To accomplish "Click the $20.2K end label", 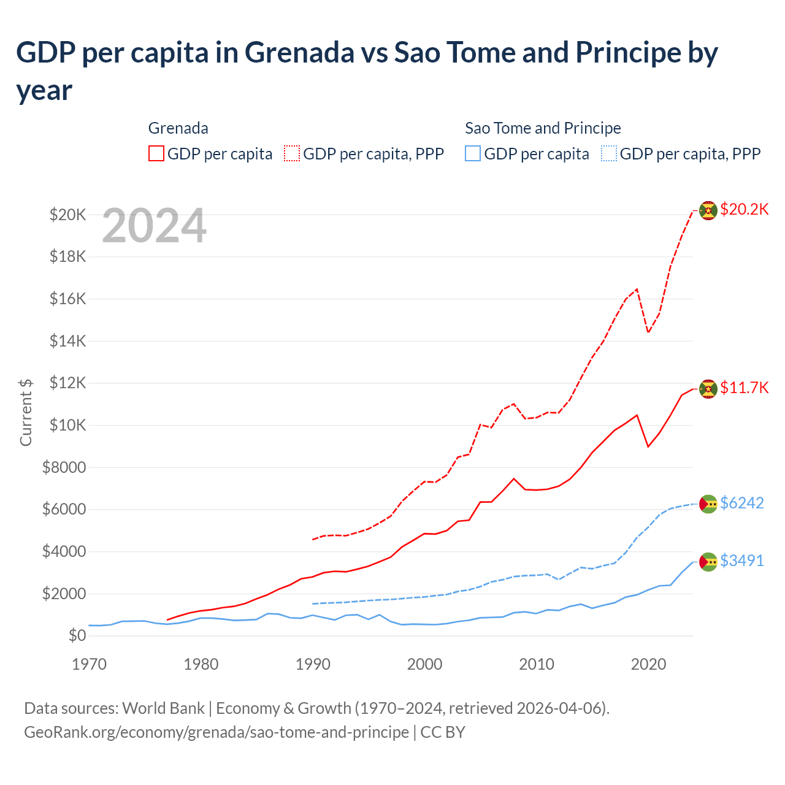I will [x=744, y=209].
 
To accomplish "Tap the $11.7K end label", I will [x=744, y=388].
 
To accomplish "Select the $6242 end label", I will [x=741, y=503].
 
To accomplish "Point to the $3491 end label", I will [x=741, y=561].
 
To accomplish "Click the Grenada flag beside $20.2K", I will [x=708, y=210].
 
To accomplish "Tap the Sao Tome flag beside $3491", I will [x=708, y=561].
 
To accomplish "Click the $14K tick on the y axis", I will [x=68, y=341].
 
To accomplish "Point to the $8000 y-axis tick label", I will [x=64, y=468].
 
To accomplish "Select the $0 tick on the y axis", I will [x=77, y=635].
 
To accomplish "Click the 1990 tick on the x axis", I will [x=313, y=664].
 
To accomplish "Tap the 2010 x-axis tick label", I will [x=537, y=664].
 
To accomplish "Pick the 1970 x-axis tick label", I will [x=90, y=664].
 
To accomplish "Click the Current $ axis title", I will [x=26, y=412].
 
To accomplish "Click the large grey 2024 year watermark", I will [x=154, y=226].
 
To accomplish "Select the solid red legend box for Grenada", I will [x=156, y=153].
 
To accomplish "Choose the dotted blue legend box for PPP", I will [x=610, y=153].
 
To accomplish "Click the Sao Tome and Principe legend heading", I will [x=543, y=128].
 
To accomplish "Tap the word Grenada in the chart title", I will [x=299, y=53].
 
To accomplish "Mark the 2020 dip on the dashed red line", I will [x=648, y=332].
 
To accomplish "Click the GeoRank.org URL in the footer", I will [x=216, y=732].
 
